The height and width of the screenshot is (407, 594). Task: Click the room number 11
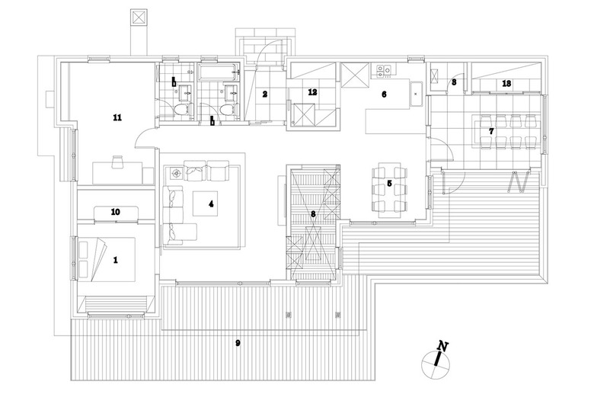[117, 117]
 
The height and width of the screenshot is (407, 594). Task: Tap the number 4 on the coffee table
[211, 204]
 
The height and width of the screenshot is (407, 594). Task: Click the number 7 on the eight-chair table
[492, 131]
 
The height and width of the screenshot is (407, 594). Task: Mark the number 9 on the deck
[238, 344]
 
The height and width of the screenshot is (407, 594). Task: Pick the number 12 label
[312, 92]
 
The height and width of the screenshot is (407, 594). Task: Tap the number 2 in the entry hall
[264, 95]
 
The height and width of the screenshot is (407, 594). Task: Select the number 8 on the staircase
[312, 215]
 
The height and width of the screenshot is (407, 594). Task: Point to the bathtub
[216, 75]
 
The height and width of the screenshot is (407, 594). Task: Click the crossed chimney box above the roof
[139, 18]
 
